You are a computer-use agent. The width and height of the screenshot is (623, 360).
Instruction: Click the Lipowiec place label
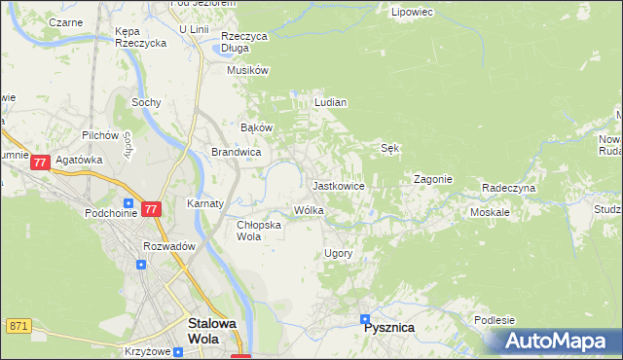[x=411, y=13]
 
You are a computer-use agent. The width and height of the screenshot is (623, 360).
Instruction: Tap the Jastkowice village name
[x=338, y=185]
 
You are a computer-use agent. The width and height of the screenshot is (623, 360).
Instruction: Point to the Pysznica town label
[x=388, y=328]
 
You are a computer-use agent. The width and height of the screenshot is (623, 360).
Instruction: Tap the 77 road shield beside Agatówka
[x=40, y=162]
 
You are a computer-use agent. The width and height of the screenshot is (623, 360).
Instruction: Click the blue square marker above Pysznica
[x=366, y=317]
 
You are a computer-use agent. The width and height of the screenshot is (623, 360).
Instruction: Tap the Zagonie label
[x=432, y=180]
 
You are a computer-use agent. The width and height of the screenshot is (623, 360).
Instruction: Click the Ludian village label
[x=330, y=102]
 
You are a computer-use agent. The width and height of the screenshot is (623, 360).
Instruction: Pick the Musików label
[x=247, y=71]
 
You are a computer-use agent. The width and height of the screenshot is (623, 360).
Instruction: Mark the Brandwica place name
[x=236, y=153]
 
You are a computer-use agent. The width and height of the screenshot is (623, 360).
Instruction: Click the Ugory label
[x=338, y=253]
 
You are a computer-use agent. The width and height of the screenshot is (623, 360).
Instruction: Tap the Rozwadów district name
[x=169, y=246]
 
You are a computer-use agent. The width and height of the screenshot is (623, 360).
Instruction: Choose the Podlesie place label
[x=492, y=321]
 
